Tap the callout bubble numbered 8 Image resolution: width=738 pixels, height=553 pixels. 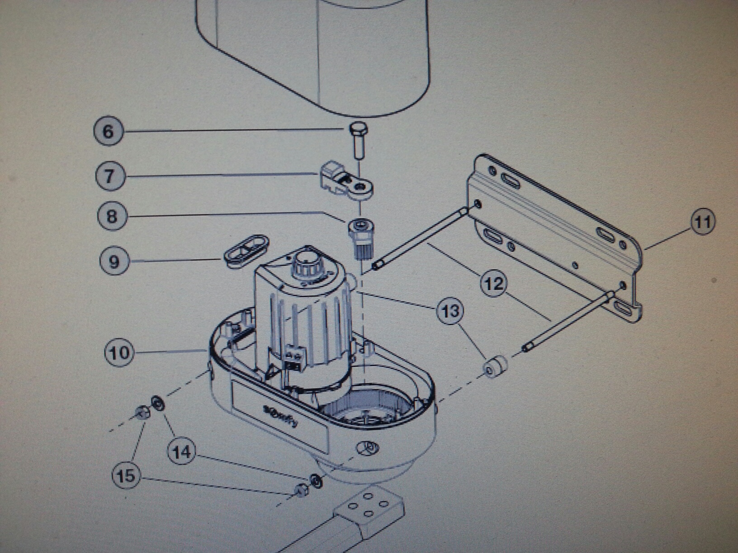(x=112, y=216)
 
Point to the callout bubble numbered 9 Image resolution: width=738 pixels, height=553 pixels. (x=114, y=261)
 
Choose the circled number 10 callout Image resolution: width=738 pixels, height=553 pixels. (x=119, y=352)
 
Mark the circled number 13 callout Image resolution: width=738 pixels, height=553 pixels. (x=450, y=311)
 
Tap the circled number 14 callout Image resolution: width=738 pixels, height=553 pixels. (x=182, y=451)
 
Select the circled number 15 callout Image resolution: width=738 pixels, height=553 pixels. (x=126, y=475)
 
